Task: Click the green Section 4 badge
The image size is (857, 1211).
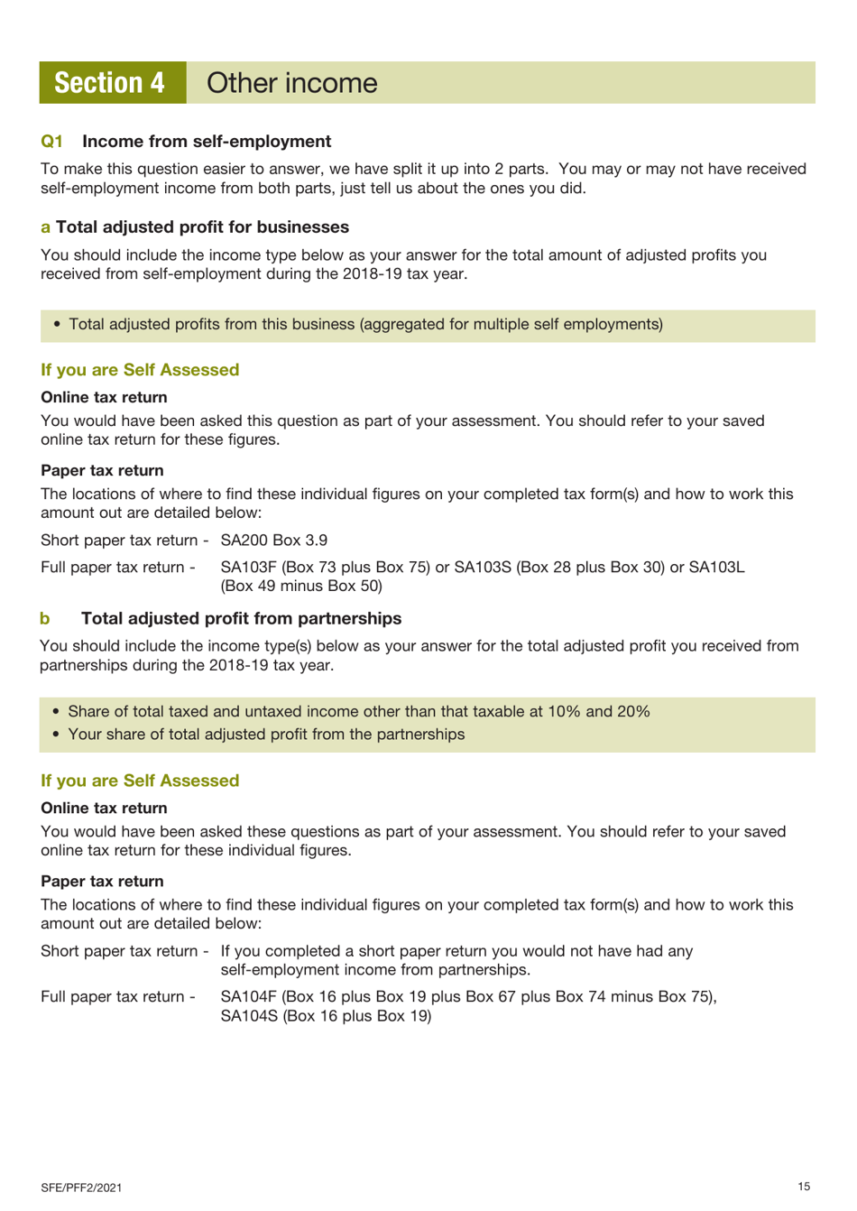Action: [x=111, y=83]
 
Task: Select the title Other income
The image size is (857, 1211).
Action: [x=291, y=83]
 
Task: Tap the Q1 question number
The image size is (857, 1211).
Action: [x=51, y=142]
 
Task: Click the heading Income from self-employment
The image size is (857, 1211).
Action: [x=207, y=142]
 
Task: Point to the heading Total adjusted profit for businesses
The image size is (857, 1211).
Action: [x=202, y=227]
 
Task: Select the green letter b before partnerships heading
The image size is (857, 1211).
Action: [x=45, y=619]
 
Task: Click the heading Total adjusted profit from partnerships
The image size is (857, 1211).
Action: [x=241, y=619]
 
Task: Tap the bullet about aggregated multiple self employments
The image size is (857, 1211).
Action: [x=365, y=325]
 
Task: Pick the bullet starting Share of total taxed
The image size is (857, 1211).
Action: [x=358, y=712]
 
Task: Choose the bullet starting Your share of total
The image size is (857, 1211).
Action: [x=266, y=735]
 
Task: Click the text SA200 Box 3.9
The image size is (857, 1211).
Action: [x=273, y=541]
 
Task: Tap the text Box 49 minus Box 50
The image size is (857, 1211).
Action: [x=301, y=587]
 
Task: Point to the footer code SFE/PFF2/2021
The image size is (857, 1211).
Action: [x=81, y=1188]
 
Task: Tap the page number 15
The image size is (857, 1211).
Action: [x=804, y=1187]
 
